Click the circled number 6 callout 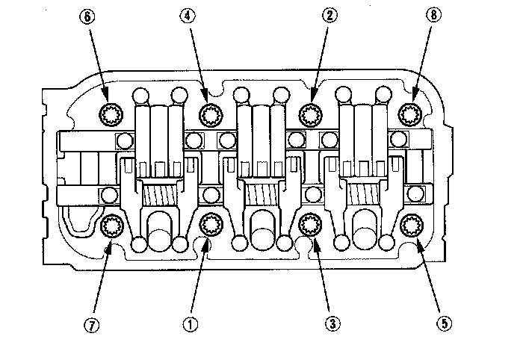pos(87,16)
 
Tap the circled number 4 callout pos(188,16)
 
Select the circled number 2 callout pos(329,16)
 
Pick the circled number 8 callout pos(434,15)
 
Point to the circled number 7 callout pos(92,324)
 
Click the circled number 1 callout pos(191,324)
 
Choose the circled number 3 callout pos(332,323)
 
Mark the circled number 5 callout pos(444,323)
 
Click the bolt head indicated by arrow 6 pos(111,114)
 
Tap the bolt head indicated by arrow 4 pos(211,115)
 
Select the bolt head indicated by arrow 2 pos(311,114)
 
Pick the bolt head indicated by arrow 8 pos(410,114)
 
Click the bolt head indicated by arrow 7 pos(112,226)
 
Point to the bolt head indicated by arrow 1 pos(211,225)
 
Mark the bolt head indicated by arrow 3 pos(310,224)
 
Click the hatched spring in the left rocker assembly pos(160,196)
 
